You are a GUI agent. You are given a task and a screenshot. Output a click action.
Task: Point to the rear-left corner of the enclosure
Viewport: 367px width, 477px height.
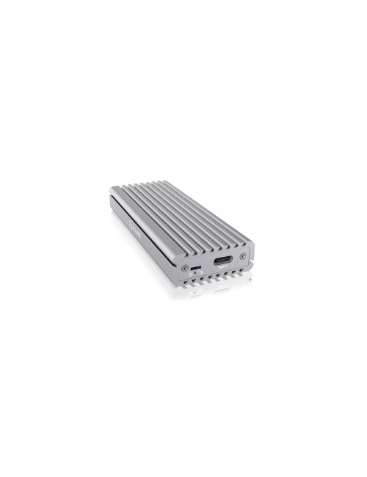point(111,191)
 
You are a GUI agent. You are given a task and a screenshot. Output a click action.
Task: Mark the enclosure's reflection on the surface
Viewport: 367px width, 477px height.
point(213,291)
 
